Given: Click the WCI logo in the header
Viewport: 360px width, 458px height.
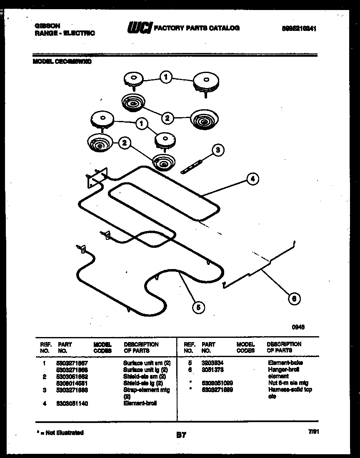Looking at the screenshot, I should point(140,28).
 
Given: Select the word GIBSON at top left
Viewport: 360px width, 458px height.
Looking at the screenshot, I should point(44,26).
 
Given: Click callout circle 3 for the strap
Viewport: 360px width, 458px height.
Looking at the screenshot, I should point(217,150).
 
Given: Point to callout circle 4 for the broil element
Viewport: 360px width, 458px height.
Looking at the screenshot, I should point(252,179).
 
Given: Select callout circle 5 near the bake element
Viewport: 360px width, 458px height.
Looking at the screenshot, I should point(199,307).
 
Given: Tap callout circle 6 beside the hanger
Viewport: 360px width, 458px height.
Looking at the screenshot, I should point(294,298).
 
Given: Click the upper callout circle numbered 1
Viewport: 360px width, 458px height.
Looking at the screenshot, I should point(166,77).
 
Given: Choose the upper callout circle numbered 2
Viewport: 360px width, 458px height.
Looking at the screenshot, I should point(167,118).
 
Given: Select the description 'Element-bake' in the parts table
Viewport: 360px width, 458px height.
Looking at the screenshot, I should point(285,363).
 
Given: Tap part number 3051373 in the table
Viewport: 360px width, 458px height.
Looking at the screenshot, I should point(212,370).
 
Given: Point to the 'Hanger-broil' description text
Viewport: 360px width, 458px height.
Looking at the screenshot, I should point(284,370).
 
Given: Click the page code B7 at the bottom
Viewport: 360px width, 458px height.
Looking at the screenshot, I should point(181,435).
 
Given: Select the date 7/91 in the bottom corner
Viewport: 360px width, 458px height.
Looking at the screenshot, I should point(313,433).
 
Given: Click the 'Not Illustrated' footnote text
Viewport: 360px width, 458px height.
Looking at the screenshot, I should point(59,433).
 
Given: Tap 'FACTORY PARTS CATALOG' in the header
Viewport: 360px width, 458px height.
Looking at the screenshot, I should point(197,28).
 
